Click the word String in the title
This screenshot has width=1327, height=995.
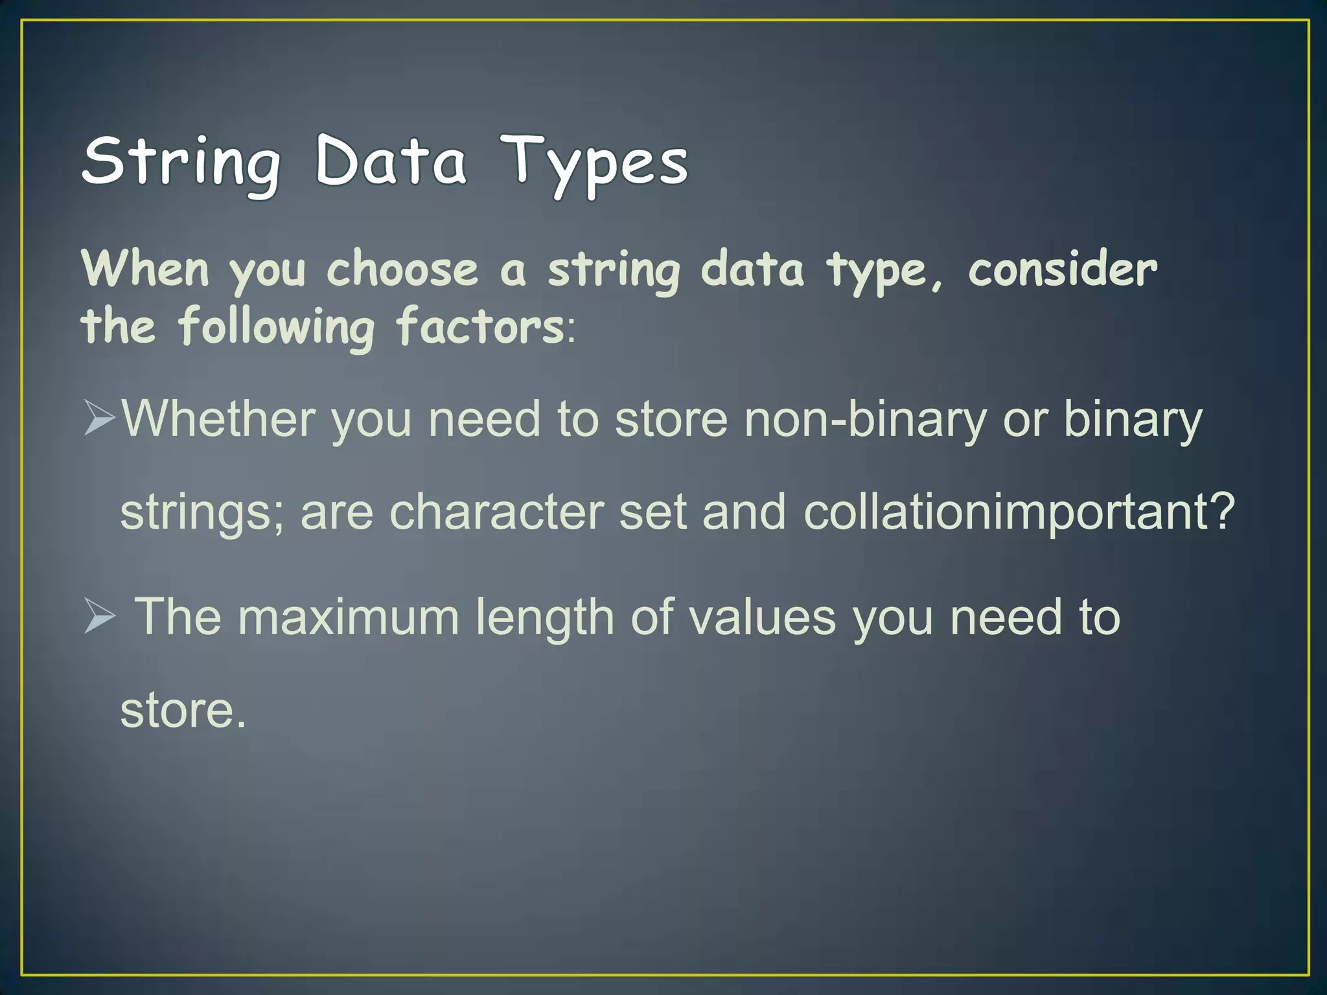[x=181, y=162]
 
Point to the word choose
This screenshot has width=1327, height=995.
[x=402, y=269]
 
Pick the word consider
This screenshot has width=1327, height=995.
[x=1063, y=269]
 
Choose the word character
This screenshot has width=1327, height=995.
[x=496, y=512]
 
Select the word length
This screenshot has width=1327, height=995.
[x=545, y=618]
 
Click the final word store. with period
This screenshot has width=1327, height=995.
[x=183, y=711]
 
